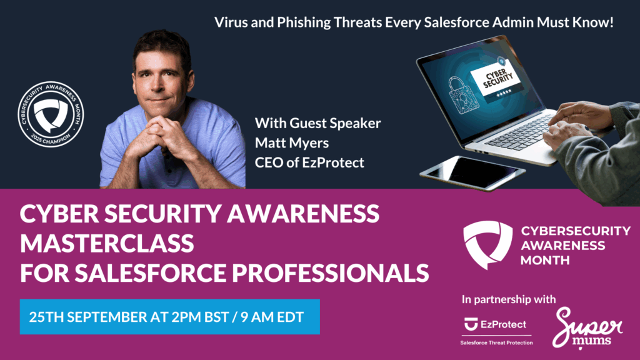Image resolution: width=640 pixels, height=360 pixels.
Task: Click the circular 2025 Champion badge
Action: (51, 114)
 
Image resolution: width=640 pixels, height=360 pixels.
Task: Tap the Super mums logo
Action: (587, 328)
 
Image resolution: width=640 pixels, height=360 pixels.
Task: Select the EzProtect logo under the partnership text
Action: (496, 324)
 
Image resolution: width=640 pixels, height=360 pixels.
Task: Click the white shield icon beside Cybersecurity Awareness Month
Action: (487, 244)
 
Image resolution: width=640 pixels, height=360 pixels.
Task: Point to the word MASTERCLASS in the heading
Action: (107, 243)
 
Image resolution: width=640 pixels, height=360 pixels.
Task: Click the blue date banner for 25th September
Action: (170, 317)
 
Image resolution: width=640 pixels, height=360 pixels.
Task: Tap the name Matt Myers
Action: (292, 143)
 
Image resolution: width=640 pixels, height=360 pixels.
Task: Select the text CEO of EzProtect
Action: (309, 162)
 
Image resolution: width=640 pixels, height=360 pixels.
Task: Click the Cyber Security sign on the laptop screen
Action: (497, 81)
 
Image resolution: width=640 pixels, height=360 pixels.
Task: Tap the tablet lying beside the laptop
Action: (472, 172)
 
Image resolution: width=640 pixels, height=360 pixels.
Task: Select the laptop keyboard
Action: (517, 131)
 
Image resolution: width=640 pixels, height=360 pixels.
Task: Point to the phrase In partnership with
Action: (509, 299)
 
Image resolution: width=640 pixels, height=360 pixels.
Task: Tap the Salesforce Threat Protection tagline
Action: (496, 343)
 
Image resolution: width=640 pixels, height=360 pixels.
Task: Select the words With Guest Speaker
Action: (317, 123)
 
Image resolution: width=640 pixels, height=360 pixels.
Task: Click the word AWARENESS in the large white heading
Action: (303, 214)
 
